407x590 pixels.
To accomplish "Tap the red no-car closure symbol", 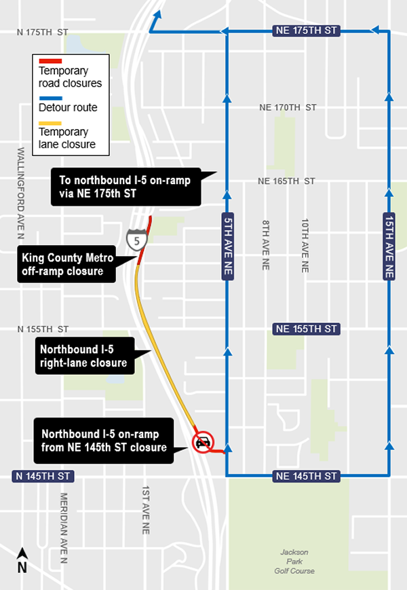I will tap(202, 441).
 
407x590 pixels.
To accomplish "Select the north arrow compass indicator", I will tap(22, 561).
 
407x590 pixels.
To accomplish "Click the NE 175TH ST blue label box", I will tap(305, 31).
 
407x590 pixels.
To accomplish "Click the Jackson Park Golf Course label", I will tap(298, 561).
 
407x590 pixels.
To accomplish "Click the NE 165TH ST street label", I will tap(287, 181).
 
